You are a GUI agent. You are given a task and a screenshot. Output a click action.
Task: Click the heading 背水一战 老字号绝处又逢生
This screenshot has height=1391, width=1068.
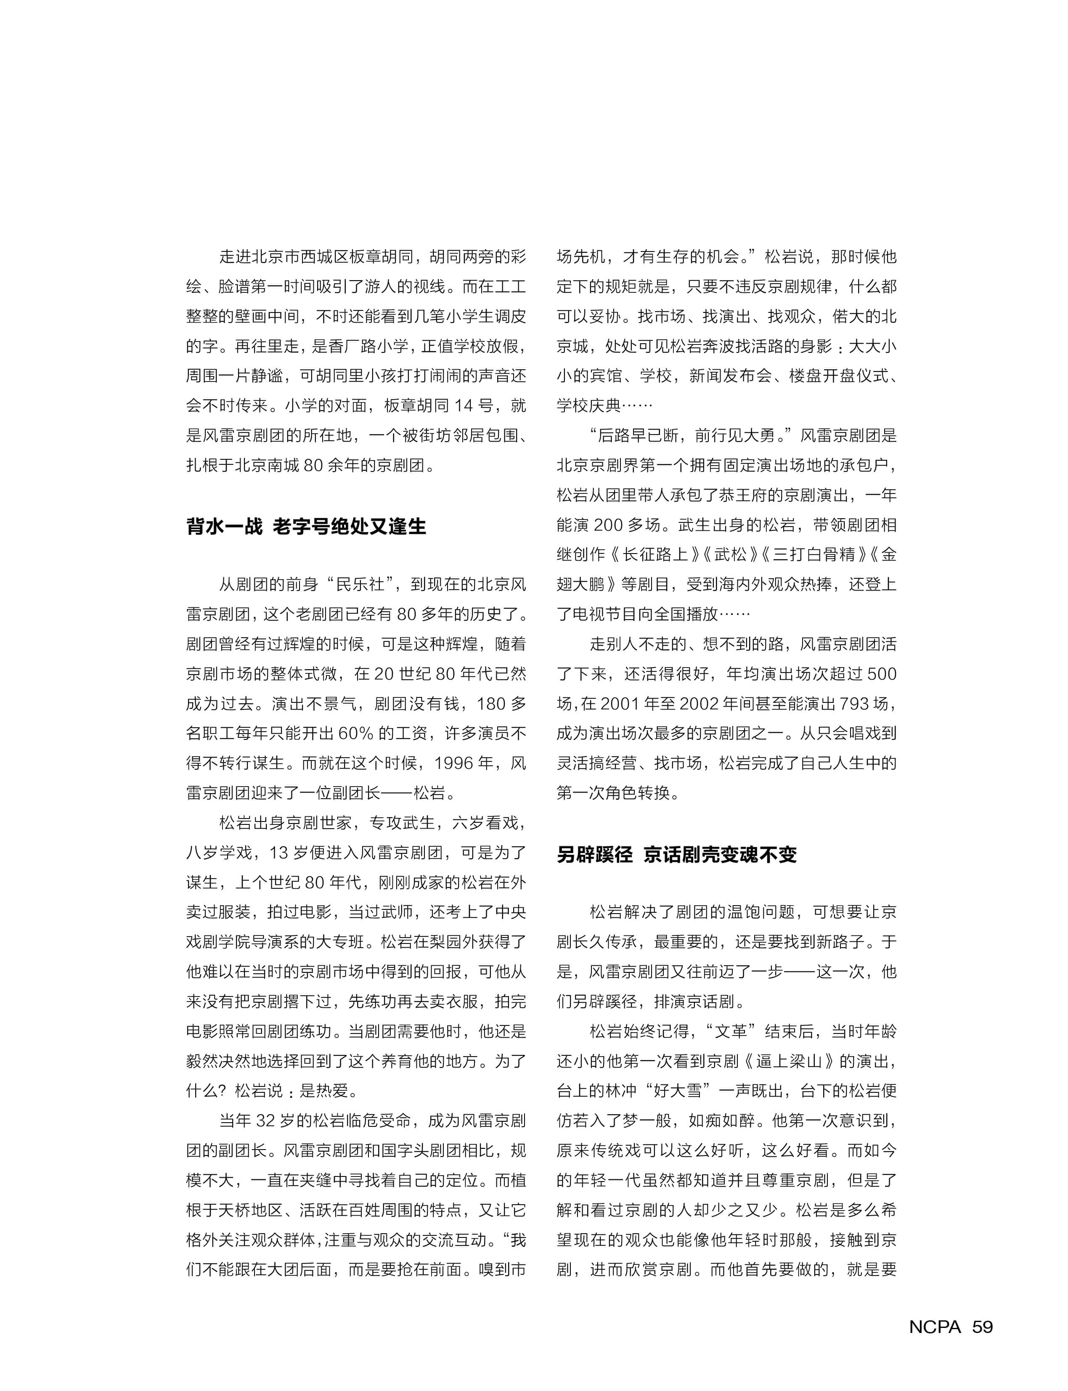[x=306, y=526]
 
